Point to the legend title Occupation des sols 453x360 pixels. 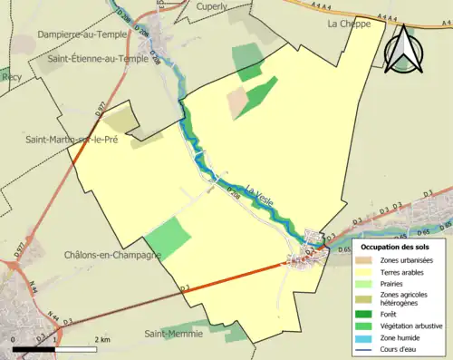coord(395,247)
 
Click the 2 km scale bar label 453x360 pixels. coord(103,339)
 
